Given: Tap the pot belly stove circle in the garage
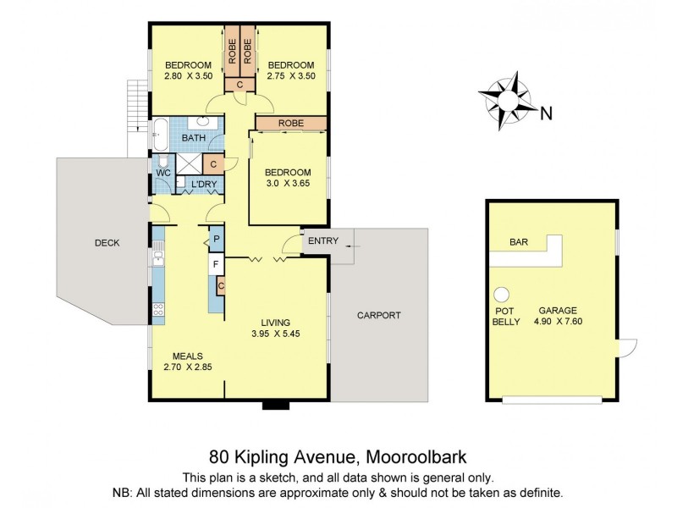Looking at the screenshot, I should (502, 294).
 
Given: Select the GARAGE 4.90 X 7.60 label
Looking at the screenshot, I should (564, 316).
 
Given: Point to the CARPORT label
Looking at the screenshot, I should (378, 315).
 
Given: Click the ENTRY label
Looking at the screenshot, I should (322, 241).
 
